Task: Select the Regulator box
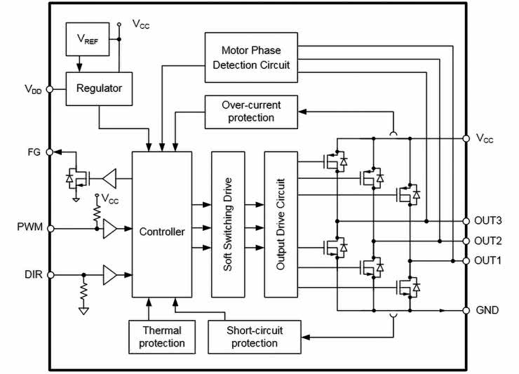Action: click(99, 88)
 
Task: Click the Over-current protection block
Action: click(250, 112)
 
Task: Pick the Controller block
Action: click(162, 232)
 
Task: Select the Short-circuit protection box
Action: click(254, 337)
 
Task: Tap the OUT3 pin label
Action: click(488, 220)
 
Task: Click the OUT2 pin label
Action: click(488, 241)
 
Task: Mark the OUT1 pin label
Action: click(488, 260)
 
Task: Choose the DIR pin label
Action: click(32, 275)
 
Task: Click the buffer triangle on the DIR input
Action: click(109, 275)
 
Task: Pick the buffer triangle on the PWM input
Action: click(110, 229)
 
